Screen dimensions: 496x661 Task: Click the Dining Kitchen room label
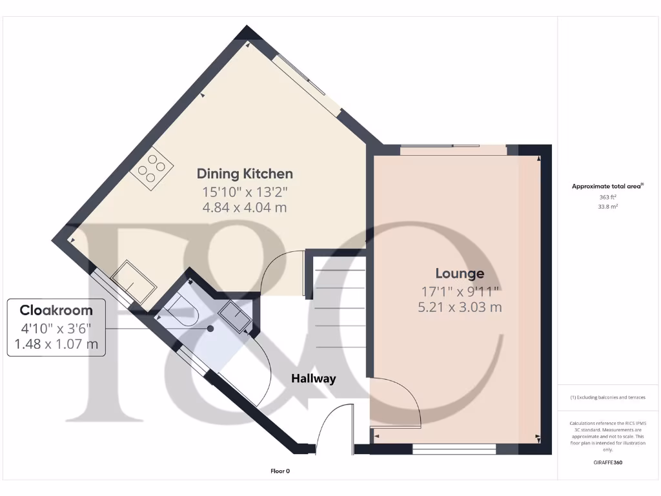tap(245, 174)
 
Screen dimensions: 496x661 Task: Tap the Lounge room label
tap(460, 273)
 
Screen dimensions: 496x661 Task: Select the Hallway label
tap(313, 378)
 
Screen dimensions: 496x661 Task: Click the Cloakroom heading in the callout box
tap(56, 310)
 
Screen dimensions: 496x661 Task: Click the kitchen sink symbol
tap(134, 281)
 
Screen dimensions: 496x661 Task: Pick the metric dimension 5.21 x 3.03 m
tap(460, 307)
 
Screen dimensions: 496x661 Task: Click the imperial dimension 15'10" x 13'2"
tap(245, 192)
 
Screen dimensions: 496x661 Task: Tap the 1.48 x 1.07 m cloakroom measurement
tap(56, 344)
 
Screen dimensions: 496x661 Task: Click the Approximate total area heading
tap(607, 187)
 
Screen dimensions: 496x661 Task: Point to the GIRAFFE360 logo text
tap(607, 462)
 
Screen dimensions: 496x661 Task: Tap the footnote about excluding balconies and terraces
tap(607, 397)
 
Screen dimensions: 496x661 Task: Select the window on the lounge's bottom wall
tap(454, 449)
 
